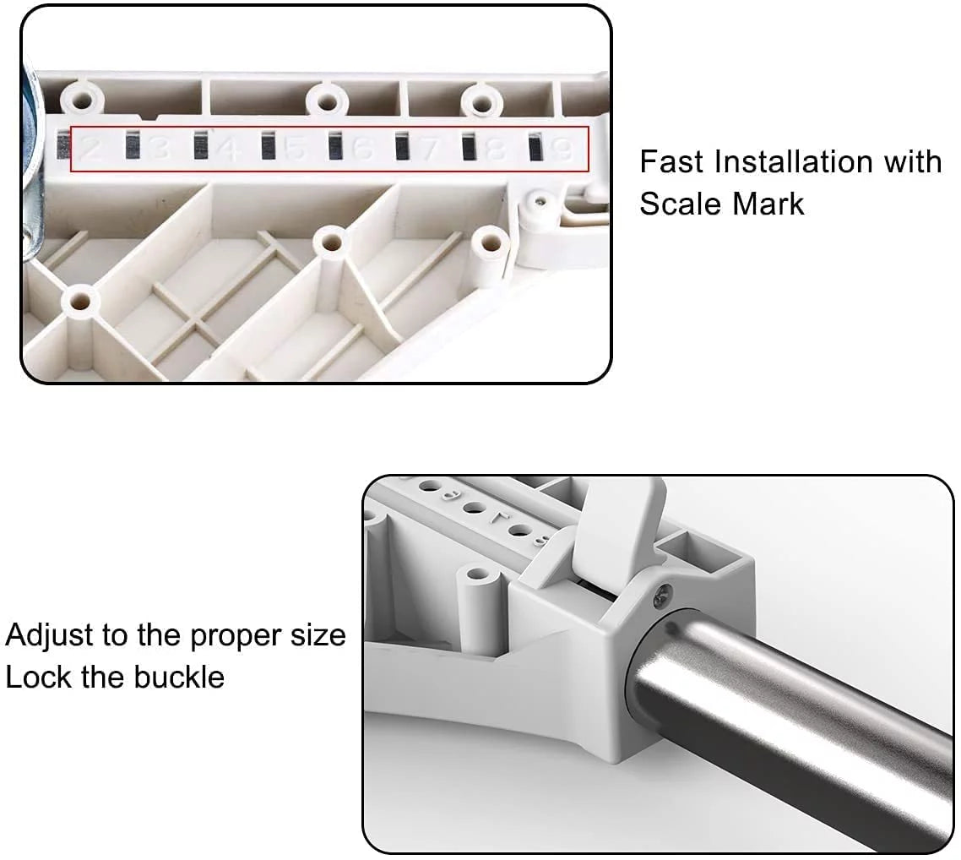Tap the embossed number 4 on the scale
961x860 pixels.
228,149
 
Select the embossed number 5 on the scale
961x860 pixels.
296,149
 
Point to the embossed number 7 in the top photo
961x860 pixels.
430,149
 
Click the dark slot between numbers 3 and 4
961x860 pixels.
200,146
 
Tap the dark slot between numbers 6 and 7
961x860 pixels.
401,146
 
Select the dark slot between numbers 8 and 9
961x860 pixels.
535,146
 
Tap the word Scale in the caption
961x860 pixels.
681,204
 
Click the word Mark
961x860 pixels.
768,204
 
